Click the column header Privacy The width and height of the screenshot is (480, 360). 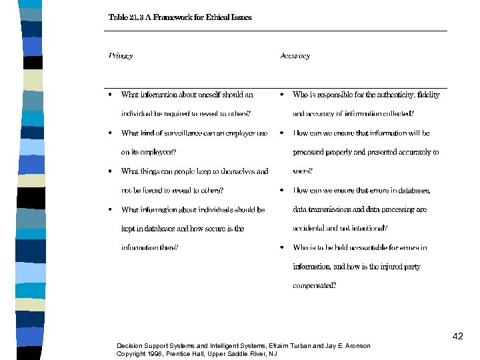point(121,56)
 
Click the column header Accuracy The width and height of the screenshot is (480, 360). point(295,56)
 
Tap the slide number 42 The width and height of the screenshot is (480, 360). point(457,336)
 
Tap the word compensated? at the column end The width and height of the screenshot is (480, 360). point(315,286)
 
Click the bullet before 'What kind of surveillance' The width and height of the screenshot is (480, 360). point(110,133)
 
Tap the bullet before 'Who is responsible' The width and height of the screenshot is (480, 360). point(282,95)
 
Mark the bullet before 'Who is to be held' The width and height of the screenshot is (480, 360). point(282,248)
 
